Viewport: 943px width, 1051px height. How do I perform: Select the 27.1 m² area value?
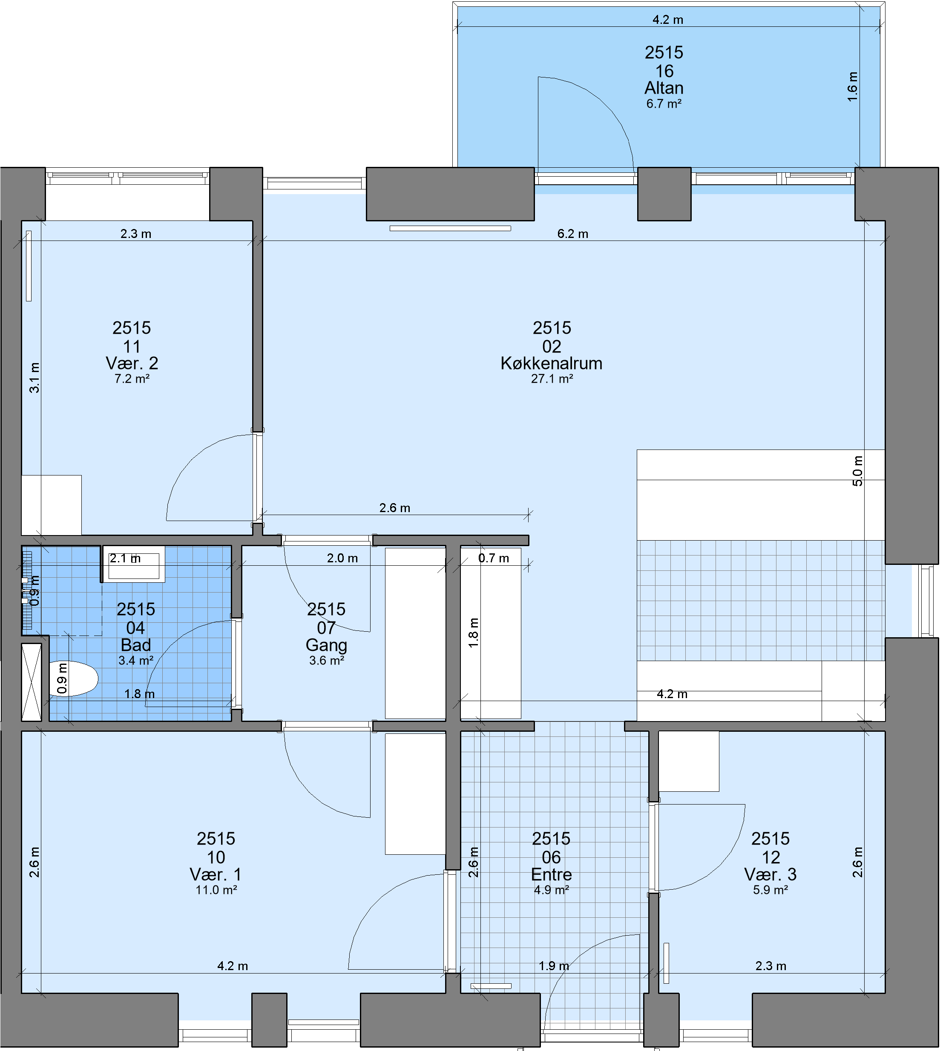tap(552, 379)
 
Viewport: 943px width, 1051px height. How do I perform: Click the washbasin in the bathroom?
tap(134, 564)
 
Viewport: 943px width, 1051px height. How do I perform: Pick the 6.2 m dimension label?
tap(572, 234)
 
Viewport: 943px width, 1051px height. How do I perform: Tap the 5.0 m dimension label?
tap(857, 471)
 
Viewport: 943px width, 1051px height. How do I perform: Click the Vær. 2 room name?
tap(132, 364)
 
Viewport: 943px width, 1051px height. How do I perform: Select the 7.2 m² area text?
tap(132, 379)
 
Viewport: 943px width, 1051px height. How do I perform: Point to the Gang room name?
tap(326, 646)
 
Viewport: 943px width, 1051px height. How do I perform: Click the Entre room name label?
tap(551, 875)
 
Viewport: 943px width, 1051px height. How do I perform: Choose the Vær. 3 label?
tap(770, 875)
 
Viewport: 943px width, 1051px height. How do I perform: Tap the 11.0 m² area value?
tap(216, 891)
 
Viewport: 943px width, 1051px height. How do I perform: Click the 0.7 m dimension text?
tap(493, 558)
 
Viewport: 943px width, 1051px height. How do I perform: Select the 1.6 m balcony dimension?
tap(852, 87)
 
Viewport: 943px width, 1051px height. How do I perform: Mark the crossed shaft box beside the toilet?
tap(31, 682)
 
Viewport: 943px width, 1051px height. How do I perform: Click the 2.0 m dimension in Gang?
tap(342, 558)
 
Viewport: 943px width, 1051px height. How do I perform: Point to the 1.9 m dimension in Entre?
tap(554, 966)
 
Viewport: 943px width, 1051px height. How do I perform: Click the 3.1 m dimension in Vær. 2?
tap(34, 378)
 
